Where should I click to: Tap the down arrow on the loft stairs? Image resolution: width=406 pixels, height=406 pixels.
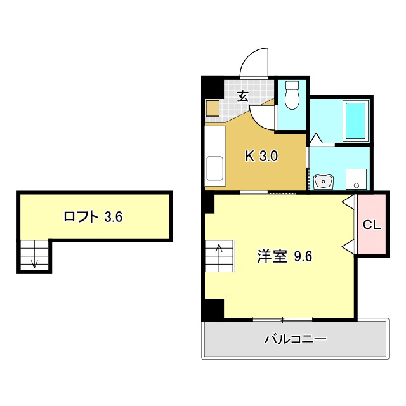[35, 262]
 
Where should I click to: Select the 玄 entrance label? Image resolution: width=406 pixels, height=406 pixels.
[242, 96]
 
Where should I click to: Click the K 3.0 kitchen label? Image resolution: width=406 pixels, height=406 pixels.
[262, 155]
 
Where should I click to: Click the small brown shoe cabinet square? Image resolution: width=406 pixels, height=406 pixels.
[213, 108]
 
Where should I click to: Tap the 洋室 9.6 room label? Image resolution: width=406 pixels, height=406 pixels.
[284, 257]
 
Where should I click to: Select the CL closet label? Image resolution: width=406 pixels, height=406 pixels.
[371, 224]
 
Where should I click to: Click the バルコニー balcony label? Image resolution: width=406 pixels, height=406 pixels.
[295, 339]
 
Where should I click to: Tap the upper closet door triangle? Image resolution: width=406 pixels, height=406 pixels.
[348, 202]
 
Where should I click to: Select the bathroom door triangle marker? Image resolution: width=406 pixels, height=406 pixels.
[315, 138]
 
